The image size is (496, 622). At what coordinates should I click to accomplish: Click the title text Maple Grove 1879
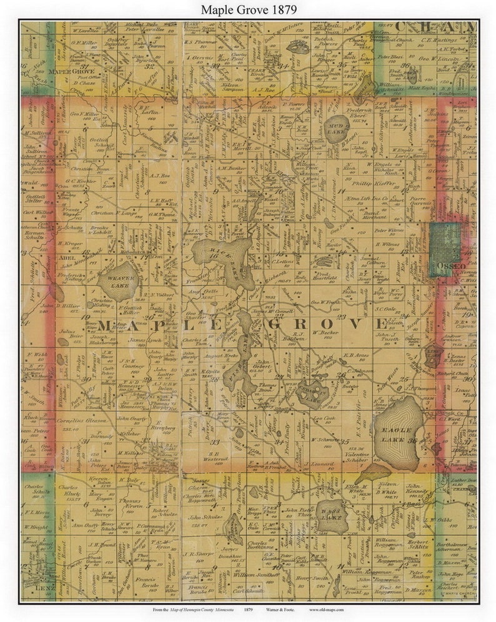click(x=248, y=10)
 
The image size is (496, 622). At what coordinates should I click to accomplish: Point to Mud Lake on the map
click(x=337, y=126)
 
